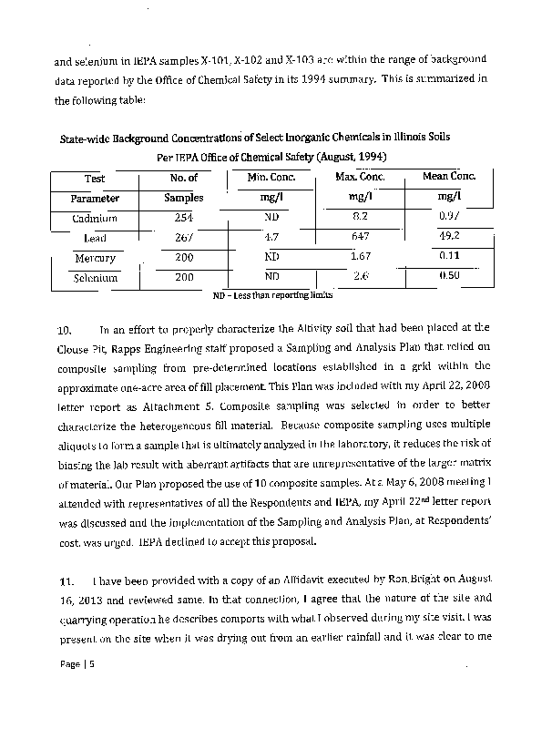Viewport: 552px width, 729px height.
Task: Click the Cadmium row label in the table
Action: (95, 218)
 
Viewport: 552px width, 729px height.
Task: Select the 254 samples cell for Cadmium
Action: (183, 218)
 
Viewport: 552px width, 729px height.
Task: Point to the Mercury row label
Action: (95, 258)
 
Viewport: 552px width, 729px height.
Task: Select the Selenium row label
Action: (96, 277)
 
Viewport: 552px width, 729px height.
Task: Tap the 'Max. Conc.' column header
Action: (360, 176)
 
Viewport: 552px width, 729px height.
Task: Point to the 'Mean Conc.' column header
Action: (449, 176)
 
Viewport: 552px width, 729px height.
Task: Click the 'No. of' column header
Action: (183, 178)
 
